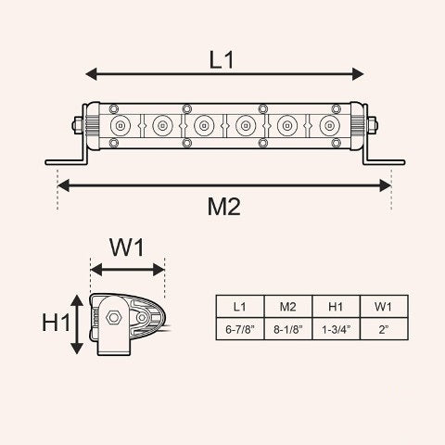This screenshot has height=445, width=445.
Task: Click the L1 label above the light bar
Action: pyautogui.click(x=222, y=59)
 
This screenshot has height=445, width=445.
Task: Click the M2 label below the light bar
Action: pyautogui.click(x=223, y=207)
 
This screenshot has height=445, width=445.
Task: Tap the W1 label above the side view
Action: pyautogui.click(x=127, y=248)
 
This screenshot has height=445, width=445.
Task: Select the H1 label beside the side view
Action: pyautogui.click(x=57, y=323)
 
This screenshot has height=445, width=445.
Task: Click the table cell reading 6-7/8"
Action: pyautogui.click(x=240, y=329)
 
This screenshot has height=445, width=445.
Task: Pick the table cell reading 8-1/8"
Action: pyautogui.click(x=288, y=329)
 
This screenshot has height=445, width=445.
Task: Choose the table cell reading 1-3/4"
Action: pyautogui.click(x=337, y=329)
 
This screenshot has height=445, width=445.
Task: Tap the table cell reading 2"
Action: pyautogui.click(x=384, y=329)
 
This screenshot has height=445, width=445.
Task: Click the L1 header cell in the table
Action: pyautogui.click(x=240, y=307)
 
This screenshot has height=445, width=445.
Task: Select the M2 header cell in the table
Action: pyautogui.click(x=288, y=307)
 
